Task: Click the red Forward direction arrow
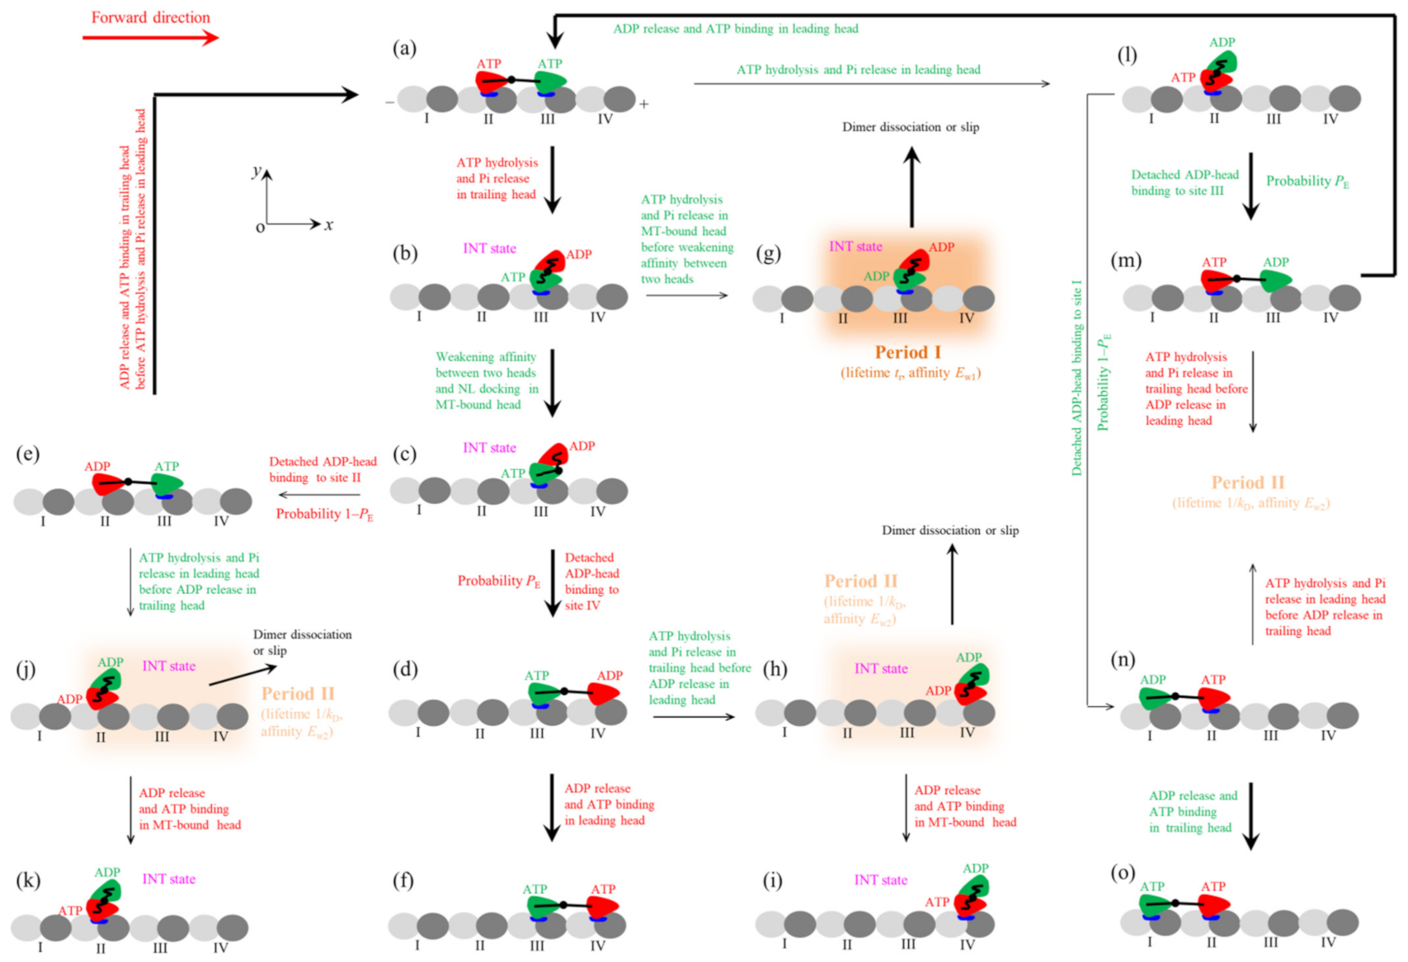(x=151, y=38)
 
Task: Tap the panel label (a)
(x=404, y=48)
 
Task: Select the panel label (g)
(x=768, y=253)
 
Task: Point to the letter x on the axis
(x=329, y=224)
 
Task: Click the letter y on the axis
(x=257, y=171)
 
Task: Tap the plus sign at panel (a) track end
(x=643, y=105)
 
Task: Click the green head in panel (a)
(x=551, y=81)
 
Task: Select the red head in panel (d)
(x=604, y=693)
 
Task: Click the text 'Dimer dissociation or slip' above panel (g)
(x=911, y=127)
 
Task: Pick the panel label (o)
(x=1123, y=873)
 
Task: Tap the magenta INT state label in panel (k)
(x=168, y=879)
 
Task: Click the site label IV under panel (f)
(x=597, y=945)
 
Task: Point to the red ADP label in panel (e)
(x=97, y=466)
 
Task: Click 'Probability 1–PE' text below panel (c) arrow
(x=325, y=514)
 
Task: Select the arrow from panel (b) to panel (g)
(x=687, y=295)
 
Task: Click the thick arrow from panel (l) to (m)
(x=1250, y=186)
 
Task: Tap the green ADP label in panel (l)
(x=1222, y=43)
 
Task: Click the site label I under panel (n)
(x=1150, y=736)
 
